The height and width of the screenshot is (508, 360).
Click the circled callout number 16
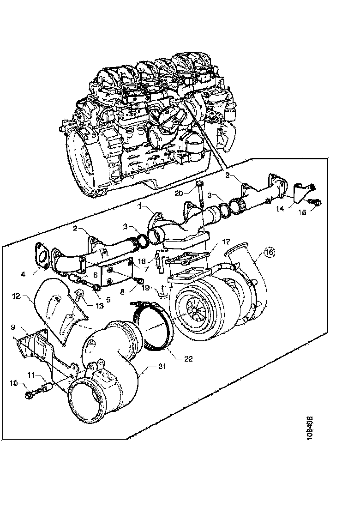[x=269, y=252]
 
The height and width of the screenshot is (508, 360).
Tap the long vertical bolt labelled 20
[x=201, y=196]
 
